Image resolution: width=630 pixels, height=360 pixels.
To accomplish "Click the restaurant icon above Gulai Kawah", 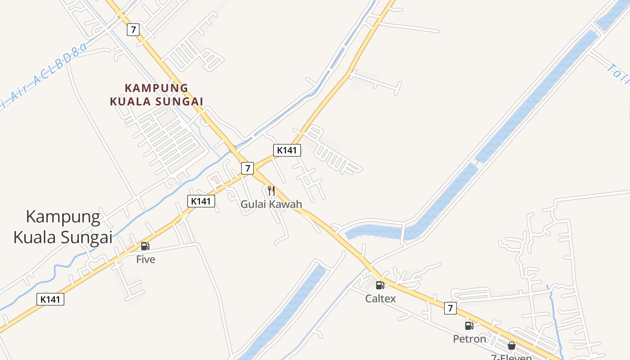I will (271, 191).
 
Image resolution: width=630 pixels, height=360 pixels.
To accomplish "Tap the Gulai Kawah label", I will (271, 204).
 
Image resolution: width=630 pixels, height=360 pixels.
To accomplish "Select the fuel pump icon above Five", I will (145, 246).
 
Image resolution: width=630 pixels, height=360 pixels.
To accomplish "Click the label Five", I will (146, 260).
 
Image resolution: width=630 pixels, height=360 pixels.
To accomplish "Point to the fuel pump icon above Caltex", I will (380, 285).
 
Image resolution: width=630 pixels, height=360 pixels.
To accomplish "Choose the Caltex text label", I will (380, 298).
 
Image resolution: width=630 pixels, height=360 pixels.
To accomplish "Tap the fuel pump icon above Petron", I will (469, 326).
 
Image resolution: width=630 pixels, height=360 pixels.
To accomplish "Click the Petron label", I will (469, 339).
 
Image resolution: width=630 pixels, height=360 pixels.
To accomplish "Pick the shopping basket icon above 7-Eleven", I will (512, 346).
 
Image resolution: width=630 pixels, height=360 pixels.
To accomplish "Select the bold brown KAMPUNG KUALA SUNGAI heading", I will (157, 94).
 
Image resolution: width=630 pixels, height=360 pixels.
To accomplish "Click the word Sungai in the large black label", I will (85, 237).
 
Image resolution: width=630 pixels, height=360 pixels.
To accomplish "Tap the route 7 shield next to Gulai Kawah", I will (247, 168).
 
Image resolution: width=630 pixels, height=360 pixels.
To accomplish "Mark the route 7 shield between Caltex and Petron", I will (450, 308).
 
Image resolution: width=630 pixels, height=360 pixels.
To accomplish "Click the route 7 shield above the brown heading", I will (133, 30).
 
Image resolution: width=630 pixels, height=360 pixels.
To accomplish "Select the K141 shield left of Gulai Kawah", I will (201, 201).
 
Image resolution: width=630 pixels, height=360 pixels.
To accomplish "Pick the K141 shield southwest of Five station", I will (50, 299).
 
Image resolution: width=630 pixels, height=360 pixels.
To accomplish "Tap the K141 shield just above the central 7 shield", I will (287, 150).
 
